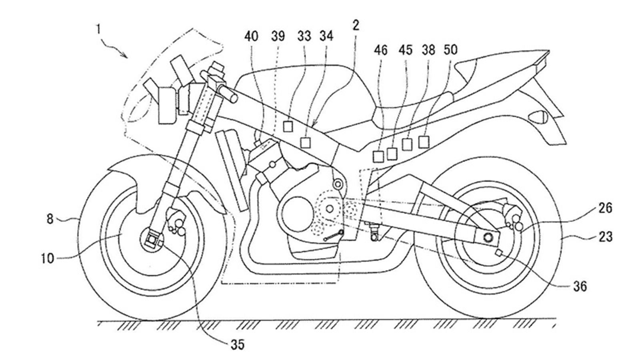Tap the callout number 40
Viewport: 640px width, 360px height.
tap(252, 36)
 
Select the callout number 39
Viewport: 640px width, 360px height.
tap(278, 36)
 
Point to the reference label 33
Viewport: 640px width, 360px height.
tap(304, 36)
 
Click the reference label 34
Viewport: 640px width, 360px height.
tap(326, 36)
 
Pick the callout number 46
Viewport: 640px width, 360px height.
tap(381, 50)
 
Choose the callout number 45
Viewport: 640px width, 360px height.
tap(405, 50)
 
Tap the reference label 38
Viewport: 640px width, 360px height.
tap(428, 50)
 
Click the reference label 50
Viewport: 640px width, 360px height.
tap(450, 50)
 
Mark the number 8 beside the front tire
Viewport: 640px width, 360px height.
tap(50, 219)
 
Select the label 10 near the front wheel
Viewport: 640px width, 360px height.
tap(47, 258)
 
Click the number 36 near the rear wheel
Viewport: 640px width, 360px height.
tap(580, 286)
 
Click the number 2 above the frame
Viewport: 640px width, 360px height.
tap(356, 26)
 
